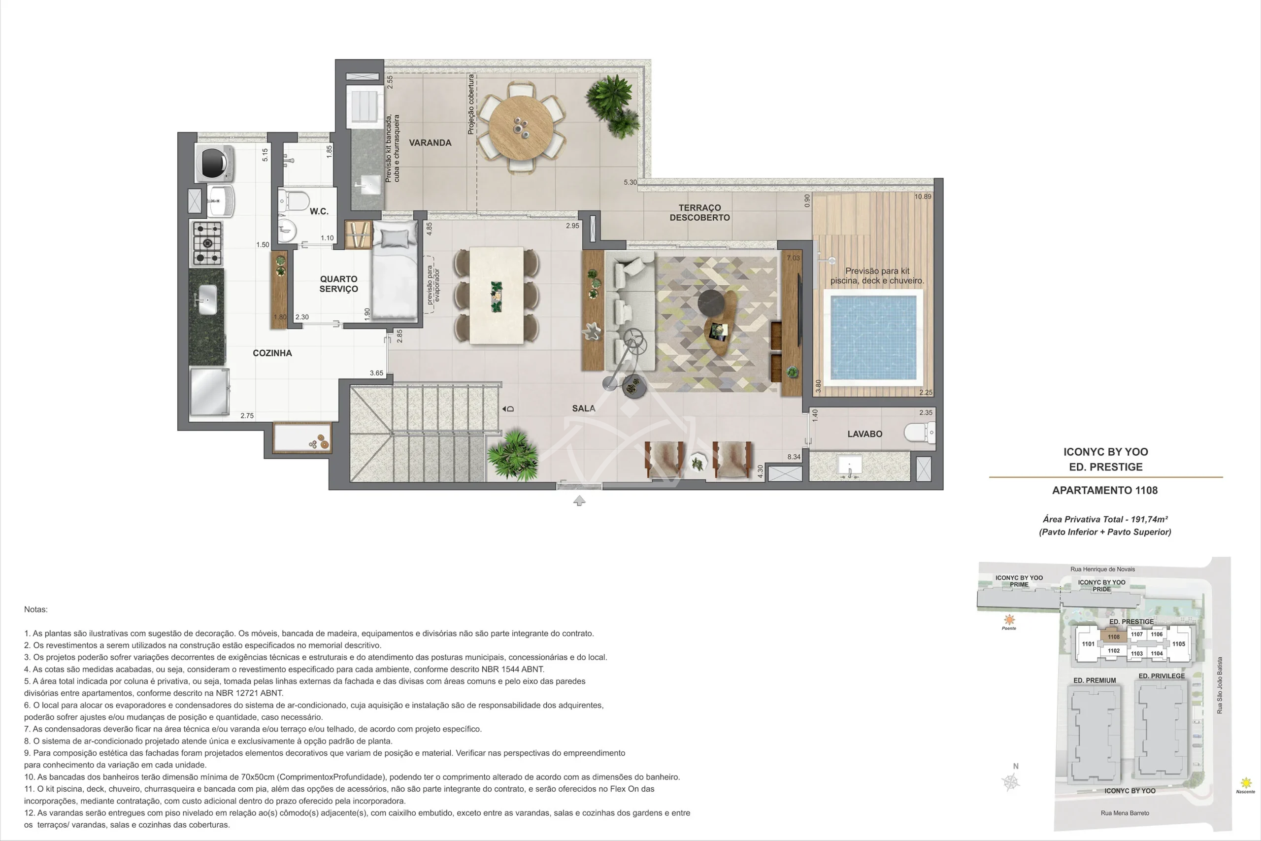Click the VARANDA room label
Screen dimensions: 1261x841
click(x=430, y=143)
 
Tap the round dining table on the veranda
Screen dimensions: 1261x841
click(x=521, y=127)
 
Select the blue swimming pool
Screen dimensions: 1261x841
click(x=873, y=337)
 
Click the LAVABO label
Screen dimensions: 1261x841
click(x=864, y=434)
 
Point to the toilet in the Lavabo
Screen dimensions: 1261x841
click(x=920, y=432)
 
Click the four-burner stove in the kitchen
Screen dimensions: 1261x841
click(x=207, y=243)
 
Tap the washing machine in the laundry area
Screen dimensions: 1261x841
click(x=214, y=163)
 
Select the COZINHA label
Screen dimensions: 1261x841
click(x=272, y=353)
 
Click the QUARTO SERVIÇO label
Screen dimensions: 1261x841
click(x=339, y=284)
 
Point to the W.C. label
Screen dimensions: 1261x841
click(x=319, y=211)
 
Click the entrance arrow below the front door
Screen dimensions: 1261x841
click(x=579, y=501)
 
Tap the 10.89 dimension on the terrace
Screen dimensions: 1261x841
click(x=923, y=196)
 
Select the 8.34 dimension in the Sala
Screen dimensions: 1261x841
click(x=794, y=457)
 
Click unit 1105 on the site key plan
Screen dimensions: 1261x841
click(x=1178, y=643)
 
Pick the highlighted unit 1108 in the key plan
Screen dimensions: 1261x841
click(x=1114, y=637)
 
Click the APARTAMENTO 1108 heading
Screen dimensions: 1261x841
click(x=1105, y=490)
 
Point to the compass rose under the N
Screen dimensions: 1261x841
click(x=1011, y=782)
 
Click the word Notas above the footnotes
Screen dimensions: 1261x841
click(x=36, y=609)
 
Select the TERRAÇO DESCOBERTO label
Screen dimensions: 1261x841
click(x=699, y=212)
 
